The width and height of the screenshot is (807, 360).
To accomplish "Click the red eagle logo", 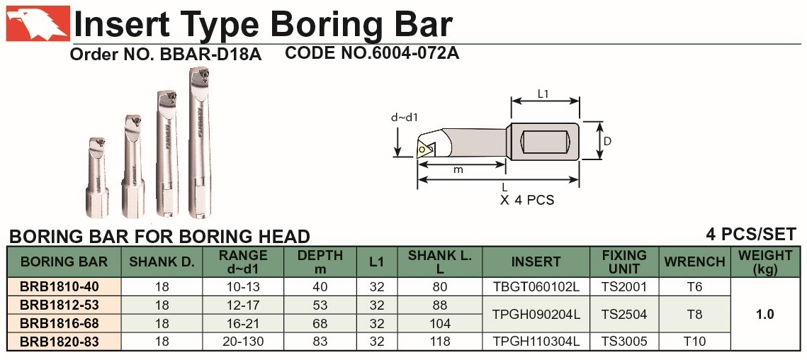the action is click(x=38, y=23).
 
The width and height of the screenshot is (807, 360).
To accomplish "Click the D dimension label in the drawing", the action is click(x=607, y=140).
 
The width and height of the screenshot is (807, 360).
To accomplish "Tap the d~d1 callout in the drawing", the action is click(x=404, y=118).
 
